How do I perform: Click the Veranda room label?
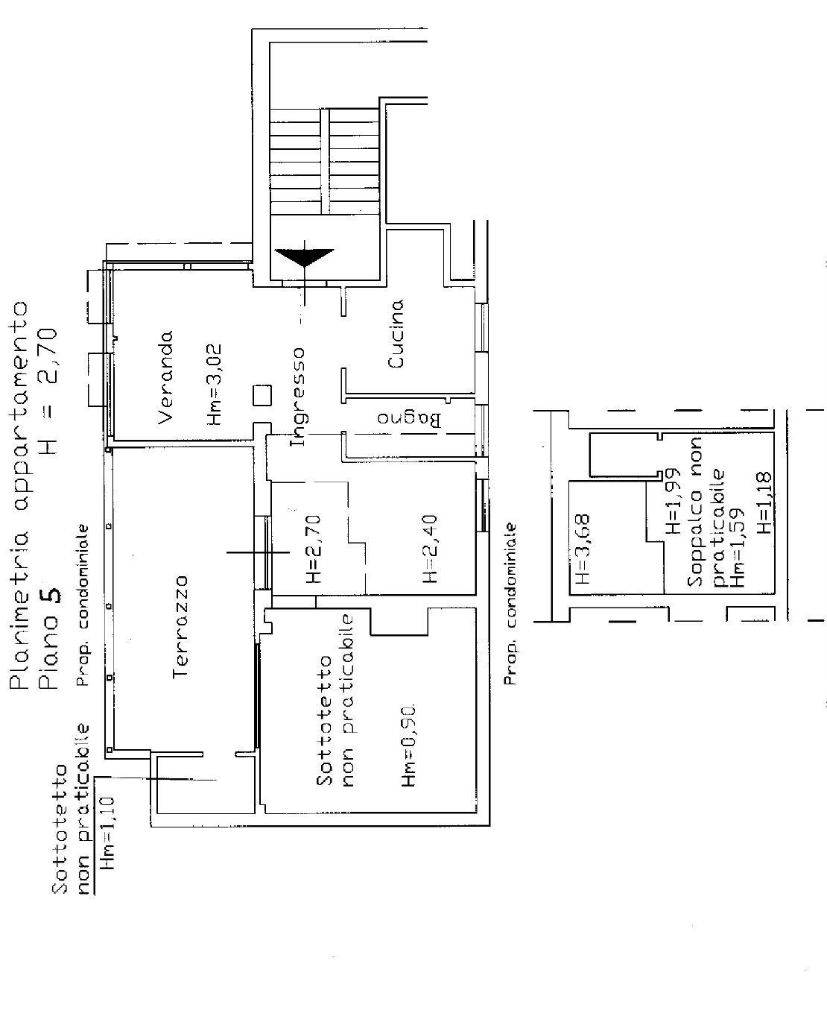coord(165,377)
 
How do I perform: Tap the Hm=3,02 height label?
coord(215,385)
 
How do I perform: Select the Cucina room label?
coord(396,333)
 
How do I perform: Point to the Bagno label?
coord(409,419)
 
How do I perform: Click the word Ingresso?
coord(297,397)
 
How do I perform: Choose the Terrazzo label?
coord(181,627)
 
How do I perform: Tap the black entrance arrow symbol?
coord(304,257)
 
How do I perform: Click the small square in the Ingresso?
coord(262,395)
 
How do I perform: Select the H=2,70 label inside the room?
coord(314,549)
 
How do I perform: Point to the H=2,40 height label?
coord(430,549)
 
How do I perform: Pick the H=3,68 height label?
coord(583,549)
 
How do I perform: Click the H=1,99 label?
coord(672,501)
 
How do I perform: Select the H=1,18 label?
coord(764,503)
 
